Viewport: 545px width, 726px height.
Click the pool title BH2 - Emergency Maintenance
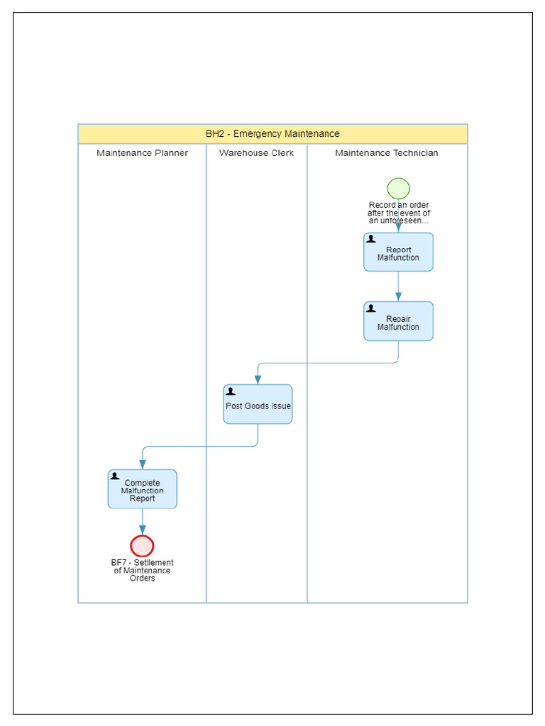(272, 134)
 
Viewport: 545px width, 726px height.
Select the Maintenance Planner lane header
(142, 153)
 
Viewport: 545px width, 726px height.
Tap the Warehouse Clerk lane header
(256, 153)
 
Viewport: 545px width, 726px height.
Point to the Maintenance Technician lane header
(387, 153)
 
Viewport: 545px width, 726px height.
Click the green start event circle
(398, 189)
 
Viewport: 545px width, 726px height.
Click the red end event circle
(142, 546)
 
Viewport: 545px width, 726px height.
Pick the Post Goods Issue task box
(258, 406)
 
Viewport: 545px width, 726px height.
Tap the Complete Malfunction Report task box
(142, 491)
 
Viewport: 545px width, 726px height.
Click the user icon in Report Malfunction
(371, 240)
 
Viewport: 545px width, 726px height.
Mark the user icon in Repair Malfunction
(371, 308)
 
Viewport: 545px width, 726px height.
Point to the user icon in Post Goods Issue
(231, 391)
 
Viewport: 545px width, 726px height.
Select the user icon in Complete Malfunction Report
(115, 476)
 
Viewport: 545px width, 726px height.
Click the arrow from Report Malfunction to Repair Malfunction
(398, 286)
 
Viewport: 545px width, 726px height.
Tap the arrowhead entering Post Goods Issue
(258, 380)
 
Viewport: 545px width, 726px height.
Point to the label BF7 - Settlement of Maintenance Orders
(142, 571)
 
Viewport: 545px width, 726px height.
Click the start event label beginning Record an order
(398, 213)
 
